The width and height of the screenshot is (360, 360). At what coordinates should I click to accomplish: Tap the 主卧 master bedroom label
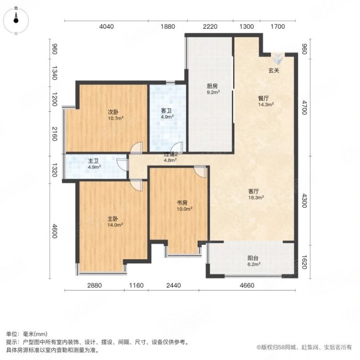click(x=114, y=218)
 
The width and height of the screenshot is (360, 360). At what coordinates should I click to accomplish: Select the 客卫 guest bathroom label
click(x=167, y=111)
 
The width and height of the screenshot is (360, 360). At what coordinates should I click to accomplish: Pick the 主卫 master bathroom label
click(x=93, y=161)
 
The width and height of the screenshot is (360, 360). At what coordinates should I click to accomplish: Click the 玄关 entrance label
click(x=274, y=71)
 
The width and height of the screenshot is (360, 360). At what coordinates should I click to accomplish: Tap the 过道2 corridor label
click(x=169, y=155)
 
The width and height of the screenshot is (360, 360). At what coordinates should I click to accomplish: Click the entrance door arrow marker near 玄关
click(x=277, y=57)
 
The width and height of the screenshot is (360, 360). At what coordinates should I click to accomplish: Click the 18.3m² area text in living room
click(x=255, y=197)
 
